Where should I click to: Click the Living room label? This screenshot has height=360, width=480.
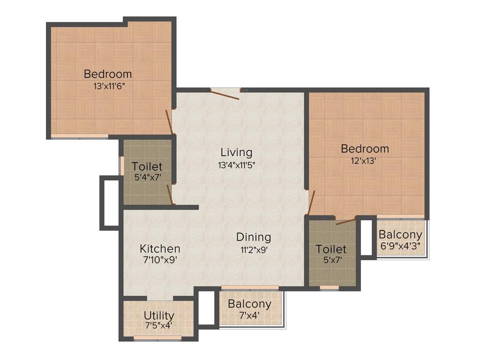pyautogui.click(x=236, y=152)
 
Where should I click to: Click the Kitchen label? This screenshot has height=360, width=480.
pyautogui.click(x=160, y=248)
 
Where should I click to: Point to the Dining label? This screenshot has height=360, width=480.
pyautogui.click(x=253, y=237)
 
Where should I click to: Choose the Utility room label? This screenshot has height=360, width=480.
pyautogui.click(x=159, y=315)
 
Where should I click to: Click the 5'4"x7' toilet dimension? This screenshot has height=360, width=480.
pyautogui.click(x=147, y=178)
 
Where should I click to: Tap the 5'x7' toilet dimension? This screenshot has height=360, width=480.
pyautogui.click(x=331, y=261)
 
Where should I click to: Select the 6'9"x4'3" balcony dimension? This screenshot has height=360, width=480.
pyautogui.click(x=400, y=246)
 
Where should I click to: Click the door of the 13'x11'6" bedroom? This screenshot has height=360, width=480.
pyautogui.click(x=170, y=122)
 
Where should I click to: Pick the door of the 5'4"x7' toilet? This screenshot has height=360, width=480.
pyautogui.click(x=171, y=195)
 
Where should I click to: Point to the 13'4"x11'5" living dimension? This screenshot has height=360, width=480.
pyautogui.click(x=236, y=165)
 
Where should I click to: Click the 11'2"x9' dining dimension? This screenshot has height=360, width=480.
pyautogui.click(x=253, y=250)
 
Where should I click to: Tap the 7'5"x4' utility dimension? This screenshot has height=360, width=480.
pyautogui.click(x=159, y=325)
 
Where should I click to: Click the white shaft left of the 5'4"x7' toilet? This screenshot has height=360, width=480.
pyautogui.click(x=111, y=202)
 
